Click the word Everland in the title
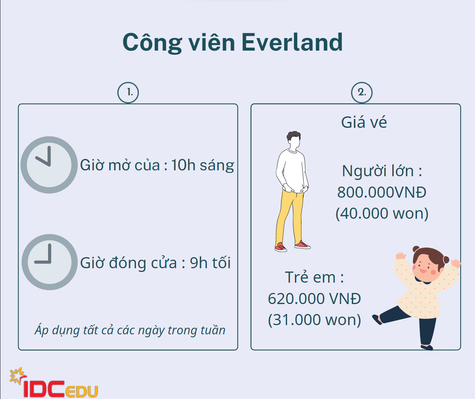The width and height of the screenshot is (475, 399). (292, 42)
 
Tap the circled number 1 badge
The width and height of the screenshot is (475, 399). (128, 93)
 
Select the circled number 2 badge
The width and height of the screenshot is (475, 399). (362, 93)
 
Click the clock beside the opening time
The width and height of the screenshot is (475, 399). (49, 165)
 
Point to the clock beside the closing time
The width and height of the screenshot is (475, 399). (49, 262)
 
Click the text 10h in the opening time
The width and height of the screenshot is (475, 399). (183, 165)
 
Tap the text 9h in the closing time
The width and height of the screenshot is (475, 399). (199, 263)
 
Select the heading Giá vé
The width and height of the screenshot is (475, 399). (364, 122)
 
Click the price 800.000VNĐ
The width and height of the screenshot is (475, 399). (382, 192)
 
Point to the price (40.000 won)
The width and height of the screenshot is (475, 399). (382, 214)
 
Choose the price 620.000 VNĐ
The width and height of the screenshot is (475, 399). (314, 299)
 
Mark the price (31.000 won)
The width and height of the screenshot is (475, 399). (314, 320)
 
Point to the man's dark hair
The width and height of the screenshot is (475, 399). (294, 136)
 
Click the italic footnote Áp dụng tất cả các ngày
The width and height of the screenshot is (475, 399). (130, 331)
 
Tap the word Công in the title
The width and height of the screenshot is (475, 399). (152, 42)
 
